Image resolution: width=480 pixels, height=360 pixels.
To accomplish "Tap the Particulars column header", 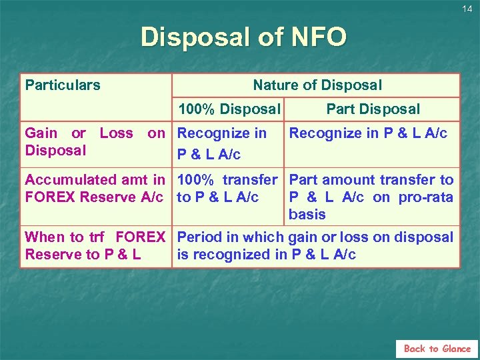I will (63, 85).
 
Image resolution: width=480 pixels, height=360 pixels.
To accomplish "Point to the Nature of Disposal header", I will (317, 85).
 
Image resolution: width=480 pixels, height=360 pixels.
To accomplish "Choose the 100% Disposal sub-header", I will (229, 109).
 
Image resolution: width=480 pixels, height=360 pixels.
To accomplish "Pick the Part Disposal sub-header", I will (373, 109).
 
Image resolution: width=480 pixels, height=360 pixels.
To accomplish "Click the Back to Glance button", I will (437, 348).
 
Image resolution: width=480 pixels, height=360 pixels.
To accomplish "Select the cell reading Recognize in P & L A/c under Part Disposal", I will (368, 133).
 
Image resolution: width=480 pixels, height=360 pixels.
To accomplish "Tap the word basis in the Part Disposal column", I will (307, 214).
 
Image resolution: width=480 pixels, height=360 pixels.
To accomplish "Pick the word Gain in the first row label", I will (41, 133).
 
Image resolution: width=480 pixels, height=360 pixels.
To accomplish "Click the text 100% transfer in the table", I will (227, 179).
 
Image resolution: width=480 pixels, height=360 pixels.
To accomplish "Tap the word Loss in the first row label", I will (116, 133).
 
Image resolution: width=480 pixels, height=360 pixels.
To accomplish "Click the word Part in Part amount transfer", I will (303, 179).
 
